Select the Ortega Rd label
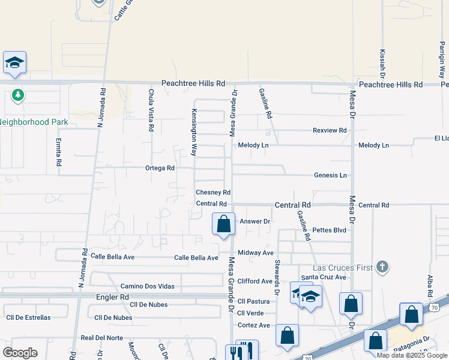(160, 169)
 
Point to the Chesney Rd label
(213, 193)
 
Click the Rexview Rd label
(330, 130)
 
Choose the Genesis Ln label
(330, 175)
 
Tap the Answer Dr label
(256, 221)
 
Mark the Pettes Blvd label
(330, 230)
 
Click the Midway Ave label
(255, 253)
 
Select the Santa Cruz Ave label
(324, 277)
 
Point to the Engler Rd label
(112, 297)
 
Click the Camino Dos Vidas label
(147, 286)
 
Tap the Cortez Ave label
(254, 325)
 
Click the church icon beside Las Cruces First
(382, 267)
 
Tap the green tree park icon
(18, 95)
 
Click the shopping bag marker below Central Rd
(224, 224)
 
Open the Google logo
(20, 353)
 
